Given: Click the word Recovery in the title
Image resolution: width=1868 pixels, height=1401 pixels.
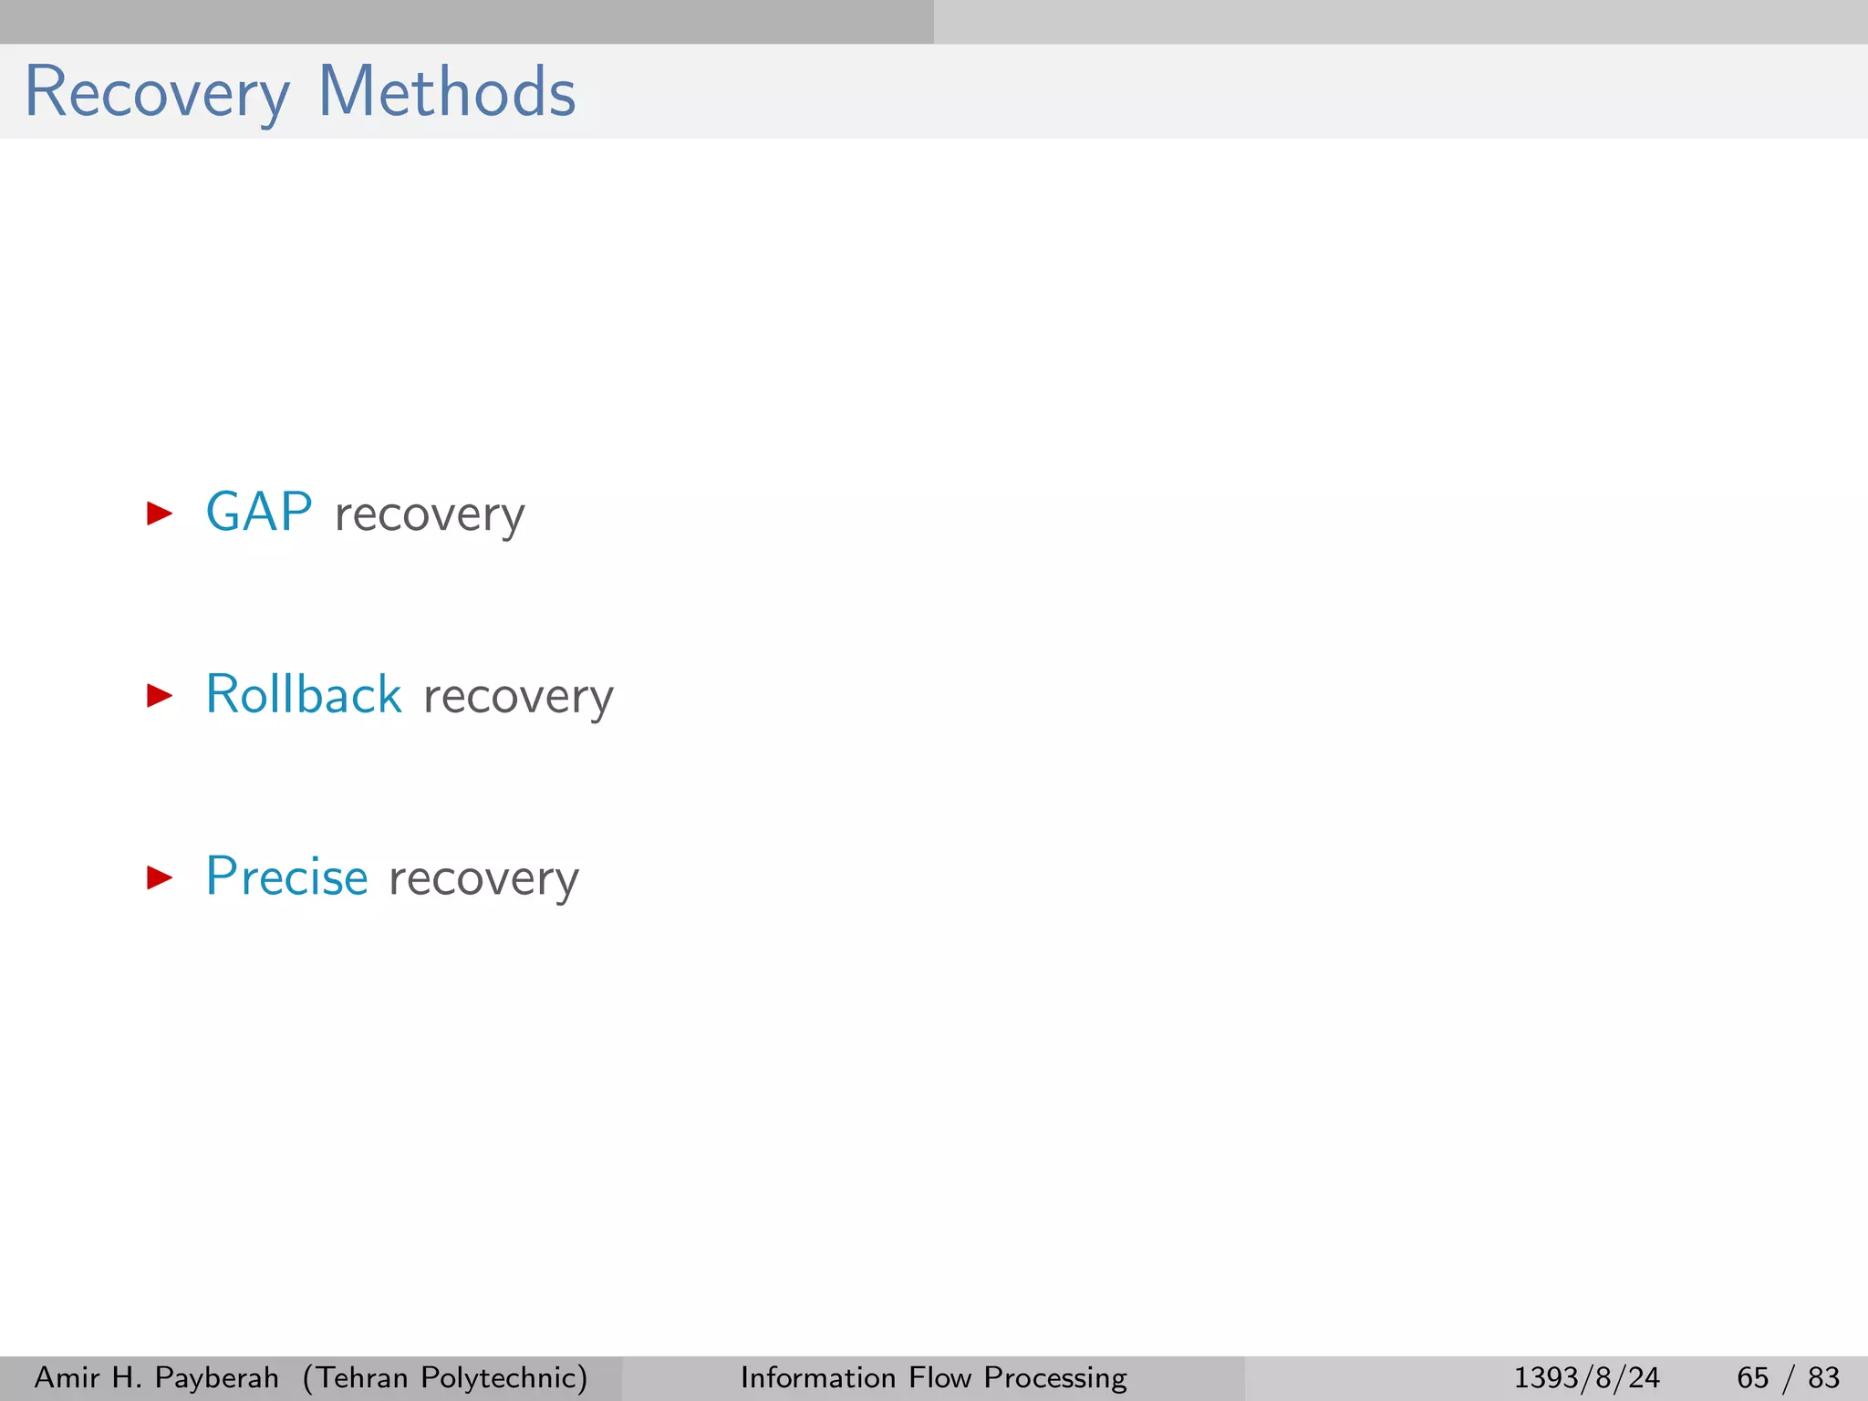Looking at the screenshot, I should (x=157, y=93).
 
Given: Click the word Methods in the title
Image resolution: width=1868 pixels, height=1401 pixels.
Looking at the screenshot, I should (x=447, y=93).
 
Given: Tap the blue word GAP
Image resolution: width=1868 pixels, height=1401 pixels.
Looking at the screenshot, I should (x=259, y=513).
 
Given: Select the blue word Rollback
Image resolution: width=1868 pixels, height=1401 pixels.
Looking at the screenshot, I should (x=304, y=695).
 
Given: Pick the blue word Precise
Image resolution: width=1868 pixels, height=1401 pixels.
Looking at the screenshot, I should (x=287, y=877).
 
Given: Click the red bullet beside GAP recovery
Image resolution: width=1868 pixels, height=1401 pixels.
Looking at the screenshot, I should (x=160, y=514).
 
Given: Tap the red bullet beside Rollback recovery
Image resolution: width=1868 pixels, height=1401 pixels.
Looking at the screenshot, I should (x=160, y=696).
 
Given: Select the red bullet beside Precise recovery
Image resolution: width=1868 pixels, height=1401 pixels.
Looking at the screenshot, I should (x=160, y=878).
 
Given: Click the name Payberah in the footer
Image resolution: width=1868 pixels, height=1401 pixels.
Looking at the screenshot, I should (x=217, y=1377).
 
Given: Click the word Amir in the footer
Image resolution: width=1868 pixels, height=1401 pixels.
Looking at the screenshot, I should (x=67, y=1377).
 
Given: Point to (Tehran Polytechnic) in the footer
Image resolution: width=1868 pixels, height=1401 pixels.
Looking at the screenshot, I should (x=445, y=1377).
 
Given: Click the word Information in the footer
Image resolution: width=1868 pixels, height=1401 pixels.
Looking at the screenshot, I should (x=818, y=1377).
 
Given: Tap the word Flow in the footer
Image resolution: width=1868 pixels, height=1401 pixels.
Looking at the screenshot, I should (x=940, y=1377).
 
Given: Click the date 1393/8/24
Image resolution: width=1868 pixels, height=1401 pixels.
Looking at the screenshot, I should (x=1587, y=1377).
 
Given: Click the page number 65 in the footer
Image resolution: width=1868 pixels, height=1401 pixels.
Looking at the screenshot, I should (x=1752, y=1377).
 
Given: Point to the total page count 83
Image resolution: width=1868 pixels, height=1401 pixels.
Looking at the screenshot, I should (x=1823, y=1377).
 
